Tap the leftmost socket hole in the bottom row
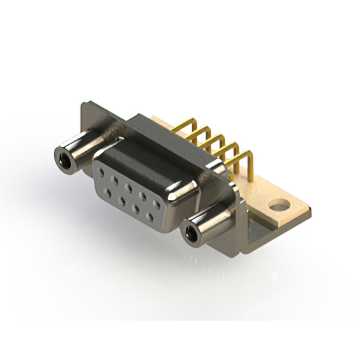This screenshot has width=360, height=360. (109, 190)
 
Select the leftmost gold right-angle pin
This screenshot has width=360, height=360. (188, 123)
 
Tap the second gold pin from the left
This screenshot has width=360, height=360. (201, 132)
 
